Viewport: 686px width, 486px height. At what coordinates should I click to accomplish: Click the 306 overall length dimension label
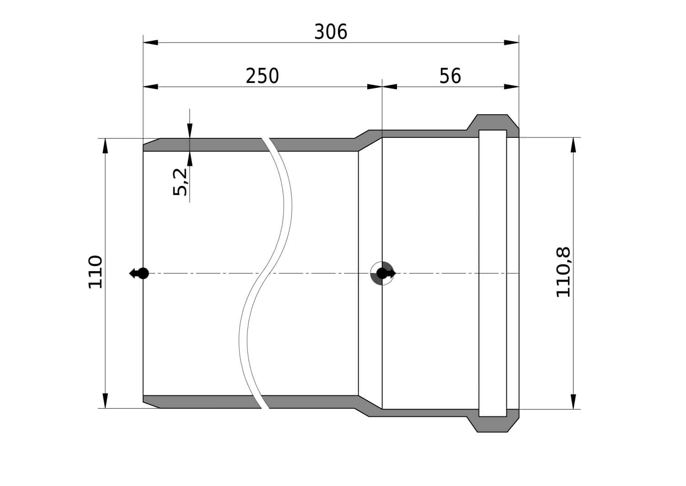coord(331,32)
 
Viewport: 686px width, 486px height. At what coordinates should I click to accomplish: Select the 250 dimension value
coord(262,76)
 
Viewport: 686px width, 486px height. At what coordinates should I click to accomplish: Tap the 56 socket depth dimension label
coord(450,76)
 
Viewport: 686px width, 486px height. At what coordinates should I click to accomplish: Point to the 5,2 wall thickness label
coord(180,182)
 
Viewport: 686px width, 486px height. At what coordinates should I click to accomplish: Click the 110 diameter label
coord(95,272)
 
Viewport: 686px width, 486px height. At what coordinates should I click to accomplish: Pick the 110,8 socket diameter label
coord(563,272)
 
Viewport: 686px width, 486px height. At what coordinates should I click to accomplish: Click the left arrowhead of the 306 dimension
coord(150,42)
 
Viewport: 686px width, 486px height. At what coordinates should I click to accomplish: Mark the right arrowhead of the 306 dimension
coord(511,42)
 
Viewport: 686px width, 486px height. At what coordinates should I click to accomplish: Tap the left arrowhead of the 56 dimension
coord(390,87)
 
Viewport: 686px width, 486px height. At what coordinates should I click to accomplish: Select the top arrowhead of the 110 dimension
coord(105,146)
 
